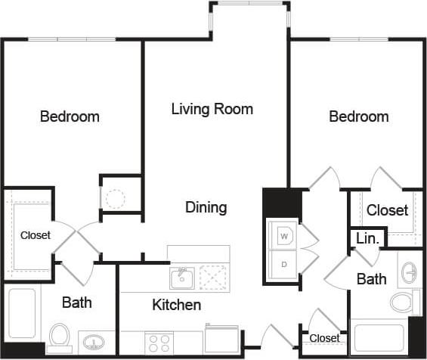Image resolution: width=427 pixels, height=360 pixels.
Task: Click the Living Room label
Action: pos(212,109)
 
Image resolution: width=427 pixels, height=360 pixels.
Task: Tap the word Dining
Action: pos(206,207)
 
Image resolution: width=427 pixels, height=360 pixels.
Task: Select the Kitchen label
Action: pos(177,305)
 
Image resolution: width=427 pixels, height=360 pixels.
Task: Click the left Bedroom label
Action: pos(70,116)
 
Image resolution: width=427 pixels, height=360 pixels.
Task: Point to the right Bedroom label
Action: pos(358,116)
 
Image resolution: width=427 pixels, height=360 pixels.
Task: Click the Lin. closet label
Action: pos(368,238)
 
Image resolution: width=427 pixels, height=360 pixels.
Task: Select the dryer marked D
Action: pos(285,264)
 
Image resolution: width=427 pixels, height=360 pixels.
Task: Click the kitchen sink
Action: pos(181,278)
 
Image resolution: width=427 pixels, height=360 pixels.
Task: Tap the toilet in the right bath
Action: pos(404,302)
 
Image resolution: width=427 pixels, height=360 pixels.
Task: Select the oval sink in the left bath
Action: pos(94,342)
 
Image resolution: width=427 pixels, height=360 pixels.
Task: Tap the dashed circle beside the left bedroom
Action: pos(114,199)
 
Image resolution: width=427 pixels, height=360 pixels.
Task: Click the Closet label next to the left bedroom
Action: pos(36,235)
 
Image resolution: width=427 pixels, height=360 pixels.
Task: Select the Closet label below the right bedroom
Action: pos(387,210)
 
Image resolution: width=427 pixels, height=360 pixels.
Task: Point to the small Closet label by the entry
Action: pos(324,338)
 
